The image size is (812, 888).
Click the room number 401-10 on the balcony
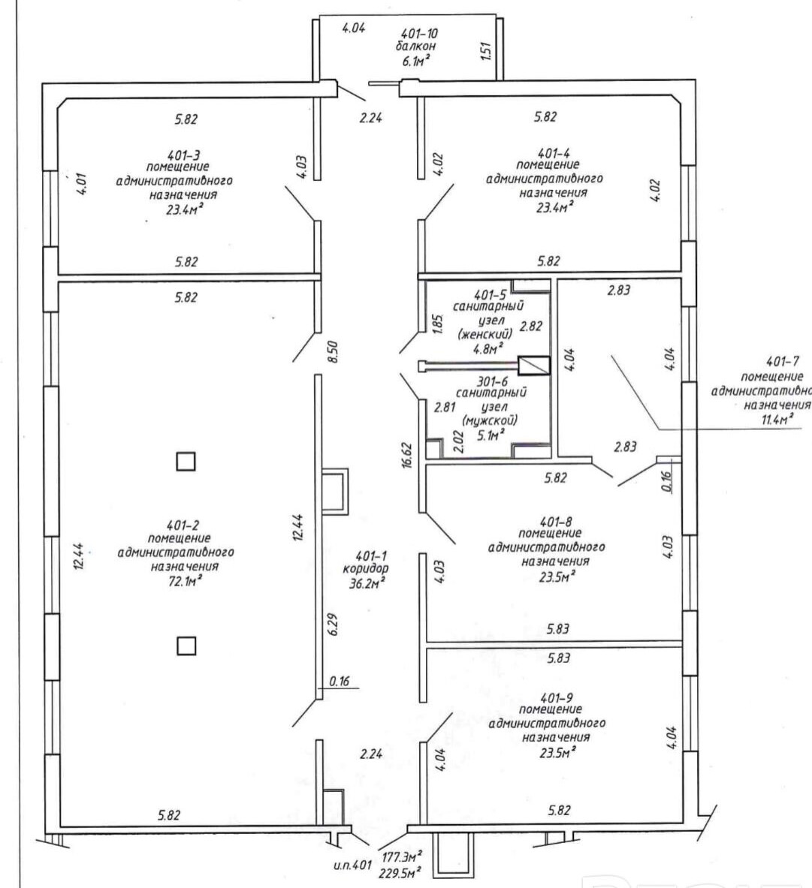pos(419,33)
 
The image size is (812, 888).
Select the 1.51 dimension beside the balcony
pos(484,51)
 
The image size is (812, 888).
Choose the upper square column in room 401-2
pos(186,460)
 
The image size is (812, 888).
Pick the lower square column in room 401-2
pos(186,646)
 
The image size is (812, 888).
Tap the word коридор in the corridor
pos(370,568)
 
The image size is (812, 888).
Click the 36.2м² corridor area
pos(369,582)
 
